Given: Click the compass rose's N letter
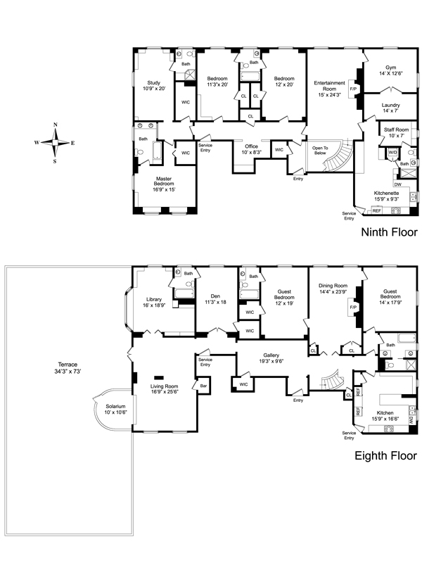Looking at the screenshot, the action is click(x=56, y=125).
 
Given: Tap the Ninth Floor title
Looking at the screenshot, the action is click(x=390, y=232).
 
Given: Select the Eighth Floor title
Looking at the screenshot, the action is click(x=385, y=455).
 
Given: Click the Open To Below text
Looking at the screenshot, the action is click(x=320, y=151).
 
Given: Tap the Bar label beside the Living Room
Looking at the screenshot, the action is click(x=203, y=386).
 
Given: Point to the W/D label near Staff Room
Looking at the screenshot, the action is click(x=393, y=152).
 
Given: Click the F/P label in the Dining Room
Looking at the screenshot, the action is click(x=353, y=308).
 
